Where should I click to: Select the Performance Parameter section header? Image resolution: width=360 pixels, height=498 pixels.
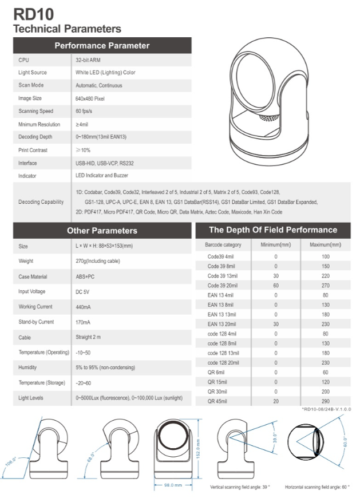point(102,45)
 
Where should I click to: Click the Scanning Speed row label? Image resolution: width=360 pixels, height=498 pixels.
point(35,111)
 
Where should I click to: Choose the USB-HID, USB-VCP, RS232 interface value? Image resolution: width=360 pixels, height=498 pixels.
point(104,163)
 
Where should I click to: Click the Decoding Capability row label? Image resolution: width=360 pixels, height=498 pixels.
point(41,202)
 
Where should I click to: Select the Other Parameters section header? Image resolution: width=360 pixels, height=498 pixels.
point(102,231)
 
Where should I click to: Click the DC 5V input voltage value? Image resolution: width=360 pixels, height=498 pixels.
point(84,291)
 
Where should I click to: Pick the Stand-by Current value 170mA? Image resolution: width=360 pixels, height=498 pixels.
point(84,322)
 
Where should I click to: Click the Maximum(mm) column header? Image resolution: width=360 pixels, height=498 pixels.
point(325,244)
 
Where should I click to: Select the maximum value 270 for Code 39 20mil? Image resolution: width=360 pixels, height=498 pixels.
point(325,285)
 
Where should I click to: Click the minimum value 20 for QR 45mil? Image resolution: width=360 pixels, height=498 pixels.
point(275,401)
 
